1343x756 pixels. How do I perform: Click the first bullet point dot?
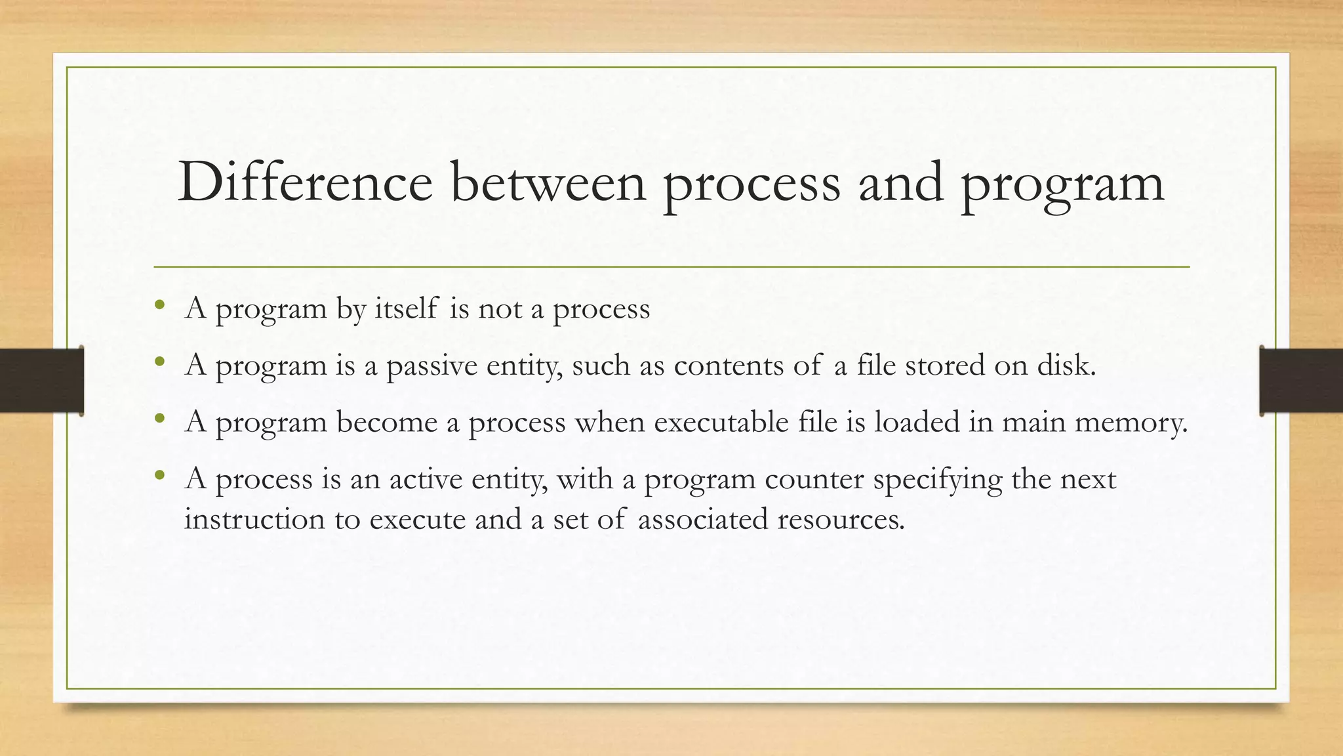159,305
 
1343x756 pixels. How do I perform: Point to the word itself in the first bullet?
406,308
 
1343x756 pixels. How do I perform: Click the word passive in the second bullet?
432,366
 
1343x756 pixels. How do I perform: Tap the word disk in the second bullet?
1066,365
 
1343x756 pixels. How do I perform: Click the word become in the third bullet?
386,421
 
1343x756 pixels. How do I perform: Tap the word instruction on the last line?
254,519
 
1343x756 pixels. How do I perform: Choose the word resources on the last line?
840,519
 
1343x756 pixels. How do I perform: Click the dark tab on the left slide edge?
41,381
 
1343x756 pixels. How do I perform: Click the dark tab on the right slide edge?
1300,381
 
